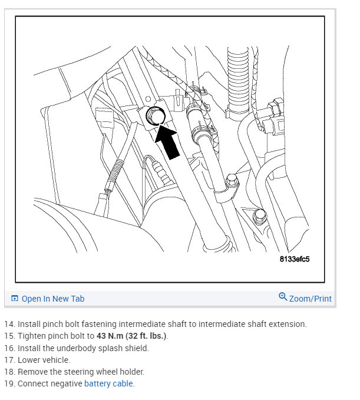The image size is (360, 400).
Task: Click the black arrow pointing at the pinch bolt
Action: pos(169,142)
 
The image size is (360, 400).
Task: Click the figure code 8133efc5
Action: pos(295,259)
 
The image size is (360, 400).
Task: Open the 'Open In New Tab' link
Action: pos(52,299)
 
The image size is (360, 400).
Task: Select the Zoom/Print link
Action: pos(310,299)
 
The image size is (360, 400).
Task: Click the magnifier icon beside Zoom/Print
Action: pos(283,297)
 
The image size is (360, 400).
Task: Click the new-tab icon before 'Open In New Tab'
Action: pos(15,299)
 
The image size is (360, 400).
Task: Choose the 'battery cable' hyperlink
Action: pos(109,384)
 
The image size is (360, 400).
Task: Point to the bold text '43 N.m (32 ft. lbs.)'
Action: pos(125,336)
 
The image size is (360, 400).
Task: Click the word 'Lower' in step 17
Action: pos(29,360)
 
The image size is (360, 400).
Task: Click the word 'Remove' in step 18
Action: pos(32,372)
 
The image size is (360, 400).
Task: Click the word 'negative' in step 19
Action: pos(67,384)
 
